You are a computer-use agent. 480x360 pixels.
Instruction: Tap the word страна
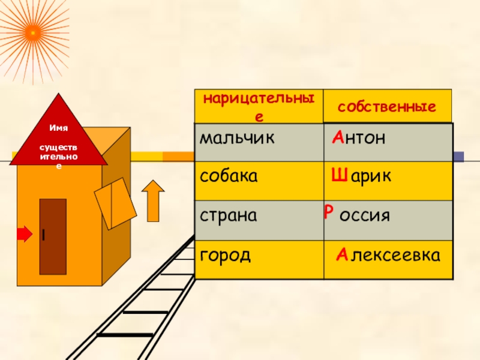coord(229,215)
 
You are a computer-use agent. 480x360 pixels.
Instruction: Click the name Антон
coord(358,139)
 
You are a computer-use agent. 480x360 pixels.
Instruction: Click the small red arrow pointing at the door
coord(23,234)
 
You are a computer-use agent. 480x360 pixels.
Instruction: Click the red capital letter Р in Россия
coord(328,211)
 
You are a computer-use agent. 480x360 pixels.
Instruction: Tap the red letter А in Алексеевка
coord(341,256)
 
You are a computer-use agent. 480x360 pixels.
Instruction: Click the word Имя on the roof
coord(58,128)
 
